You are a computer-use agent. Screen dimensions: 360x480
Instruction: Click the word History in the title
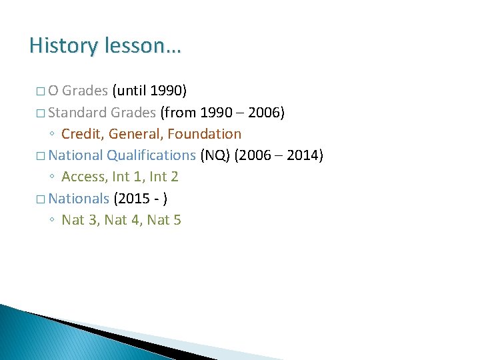click(x=63, y=46)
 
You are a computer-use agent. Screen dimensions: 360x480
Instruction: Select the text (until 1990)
click(x=149, y=91)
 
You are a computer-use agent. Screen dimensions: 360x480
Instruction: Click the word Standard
click(x=79, y=112)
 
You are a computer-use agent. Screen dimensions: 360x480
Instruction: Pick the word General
click(x=137, y=134)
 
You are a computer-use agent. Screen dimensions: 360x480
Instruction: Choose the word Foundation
click(x=204, y=134)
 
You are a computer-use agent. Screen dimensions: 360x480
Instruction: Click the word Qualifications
click(x=151, y=155)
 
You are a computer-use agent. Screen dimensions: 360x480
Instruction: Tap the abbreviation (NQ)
click(x=215, y=155)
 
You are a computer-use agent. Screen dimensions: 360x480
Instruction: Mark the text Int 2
click(x=164, y=177)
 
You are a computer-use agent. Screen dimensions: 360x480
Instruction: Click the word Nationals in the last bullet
click(x=79, y=198)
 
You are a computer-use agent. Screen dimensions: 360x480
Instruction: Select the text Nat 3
click(x=78, y=219)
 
